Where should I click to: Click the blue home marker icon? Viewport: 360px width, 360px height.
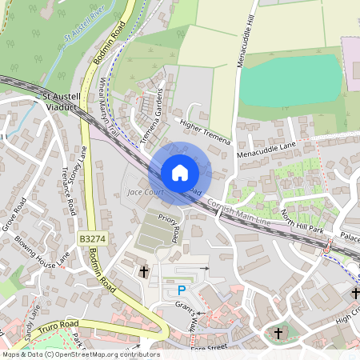point(180,172)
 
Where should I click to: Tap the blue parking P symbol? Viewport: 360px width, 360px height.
point(181,290)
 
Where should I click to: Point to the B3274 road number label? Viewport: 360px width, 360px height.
point(93,238)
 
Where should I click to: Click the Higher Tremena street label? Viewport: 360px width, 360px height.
point(205,132)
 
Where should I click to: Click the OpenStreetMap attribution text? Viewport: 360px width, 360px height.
point(81,354)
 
